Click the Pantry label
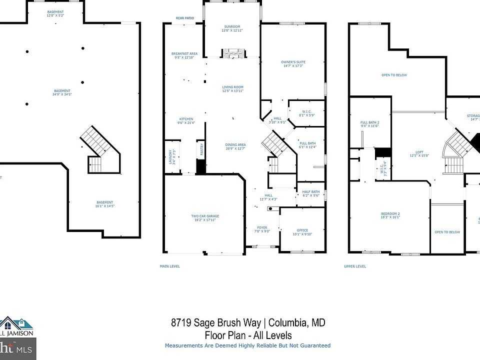(x=201, y=151)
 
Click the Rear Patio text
(x=184, y=18)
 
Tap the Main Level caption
(x=169, y=266)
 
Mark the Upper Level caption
(x=355, y=266)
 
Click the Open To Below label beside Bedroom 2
(x=447, y=232)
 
